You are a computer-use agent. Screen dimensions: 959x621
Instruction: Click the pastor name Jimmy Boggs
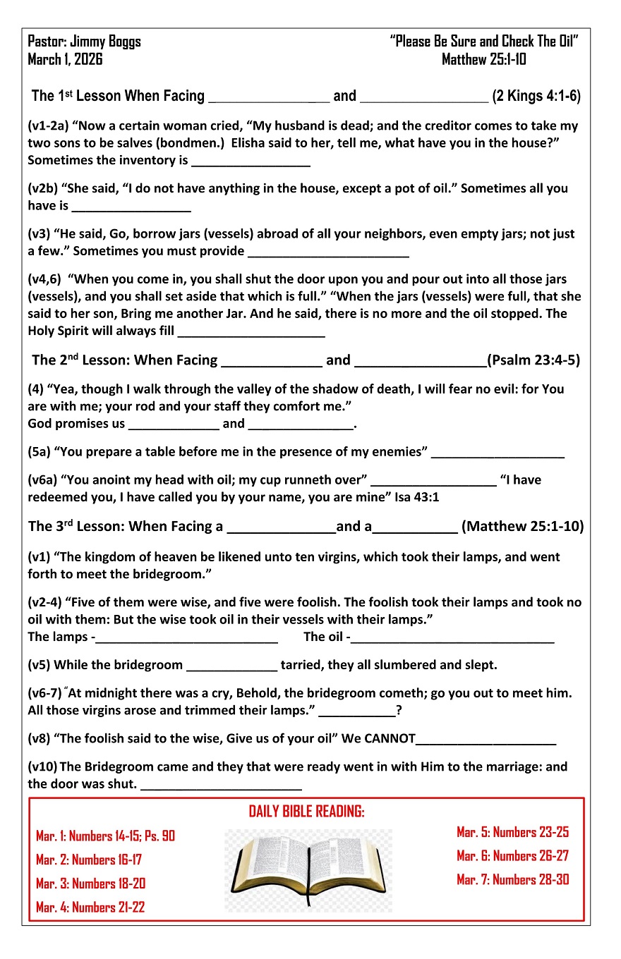[x=106, y=42]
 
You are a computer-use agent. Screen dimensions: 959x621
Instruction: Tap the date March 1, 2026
[x=65, y=59]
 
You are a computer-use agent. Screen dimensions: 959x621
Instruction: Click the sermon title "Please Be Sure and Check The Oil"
[x=484, y=42]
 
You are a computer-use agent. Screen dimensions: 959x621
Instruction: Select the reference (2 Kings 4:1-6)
[x=536, y=96]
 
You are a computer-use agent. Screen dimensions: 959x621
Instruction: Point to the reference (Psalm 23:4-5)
[x=533, y=360]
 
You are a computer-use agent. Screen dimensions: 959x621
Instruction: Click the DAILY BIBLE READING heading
[x=307, y=812]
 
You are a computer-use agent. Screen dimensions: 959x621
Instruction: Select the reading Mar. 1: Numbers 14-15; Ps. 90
[x=105, y=836]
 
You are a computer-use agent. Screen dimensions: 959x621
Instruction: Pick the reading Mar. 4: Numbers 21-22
[x=90, y=908]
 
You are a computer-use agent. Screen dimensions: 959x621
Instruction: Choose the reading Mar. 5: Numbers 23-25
[x=512, y=832]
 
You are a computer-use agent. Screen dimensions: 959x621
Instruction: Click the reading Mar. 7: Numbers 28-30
[x=512, y=879]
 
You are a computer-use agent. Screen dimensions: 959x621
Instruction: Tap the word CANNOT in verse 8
[x=389, y=739]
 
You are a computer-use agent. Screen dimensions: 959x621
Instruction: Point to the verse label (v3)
[x=40, y=234]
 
